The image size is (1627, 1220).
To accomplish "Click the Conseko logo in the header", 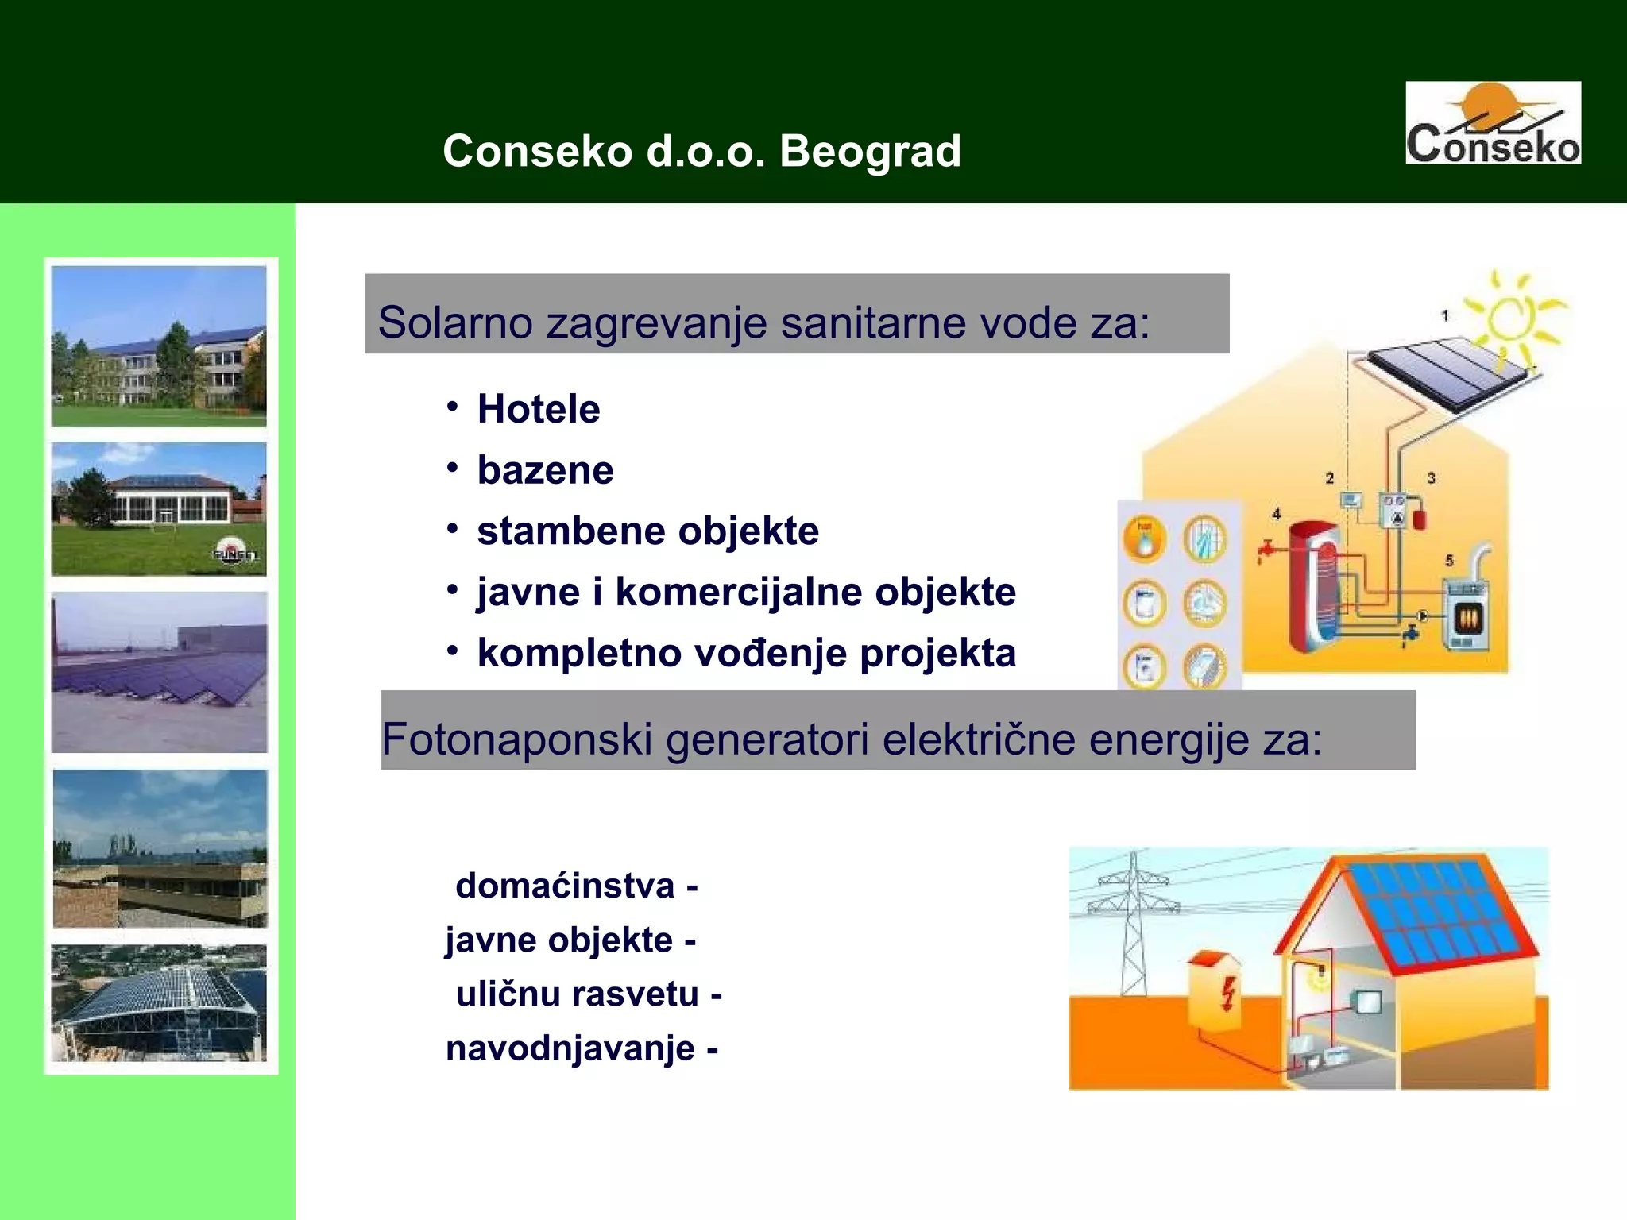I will pyautogui.click(x=1493, y=123).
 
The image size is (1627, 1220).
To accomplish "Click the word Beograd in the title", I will pyautogui.click(x=870, y=151).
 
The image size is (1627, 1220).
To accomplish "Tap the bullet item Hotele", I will pyautogui.click(x=538, y=409).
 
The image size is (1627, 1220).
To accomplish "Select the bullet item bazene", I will pyautogui.click(x=545, y=470).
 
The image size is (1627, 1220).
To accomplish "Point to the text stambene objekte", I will pyautogui.click(x=647, y=531).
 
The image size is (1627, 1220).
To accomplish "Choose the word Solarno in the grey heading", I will pyautogui.click(x=454, y=322).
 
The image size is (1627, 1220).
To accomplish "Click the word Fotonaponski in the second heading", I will pyautogui.click(x=516, y=739).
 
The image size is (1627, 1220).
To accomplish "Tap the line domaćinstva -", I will pyautogui.click(x=576, y=886).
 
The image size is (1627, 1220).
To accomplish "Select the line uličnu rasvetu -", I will pyautogui.click(x=588, y=994).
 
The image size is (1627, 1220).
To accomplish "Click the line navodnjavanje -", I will pyautogui.click(x=582, y=1048).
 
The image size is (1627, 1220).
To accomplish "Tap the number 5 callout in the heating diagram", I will pyautogui.click(x=1449, y=561).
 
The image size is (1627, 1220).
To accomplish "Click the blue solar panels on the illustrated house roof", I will pyautogui.click(x=1434, y=913).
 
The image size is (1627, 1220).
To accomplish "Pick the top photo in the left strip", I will pyautogui.click(x=159, y=346).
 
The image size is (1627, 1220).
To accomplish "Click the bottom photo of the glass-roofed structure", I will pyautogui.click(x=159, y=1002).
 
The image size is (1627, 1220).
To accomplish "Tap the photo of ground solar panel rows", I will pyautogui.click(x=159, y=672).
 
